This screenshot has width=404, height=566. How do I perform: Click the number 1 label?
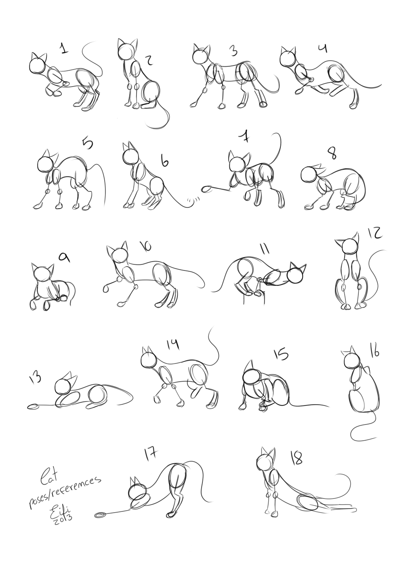(64, 49)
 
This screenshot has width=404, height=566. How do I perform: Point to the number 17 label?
(151, 454)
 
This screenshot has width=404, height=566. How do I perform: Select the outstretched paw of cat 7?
(207, 188)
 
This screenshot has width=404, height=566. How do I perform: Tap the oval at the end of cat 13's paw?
(33, 406)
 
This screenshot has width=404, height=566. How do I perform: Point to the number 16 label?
(374, 352)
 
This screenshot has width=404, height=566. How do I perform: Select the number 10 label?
(144, 246)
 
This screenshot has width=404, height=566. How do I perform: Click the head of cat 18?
(265, 462)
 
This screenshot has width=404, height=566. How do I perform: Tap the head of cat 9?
(42, 274)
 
